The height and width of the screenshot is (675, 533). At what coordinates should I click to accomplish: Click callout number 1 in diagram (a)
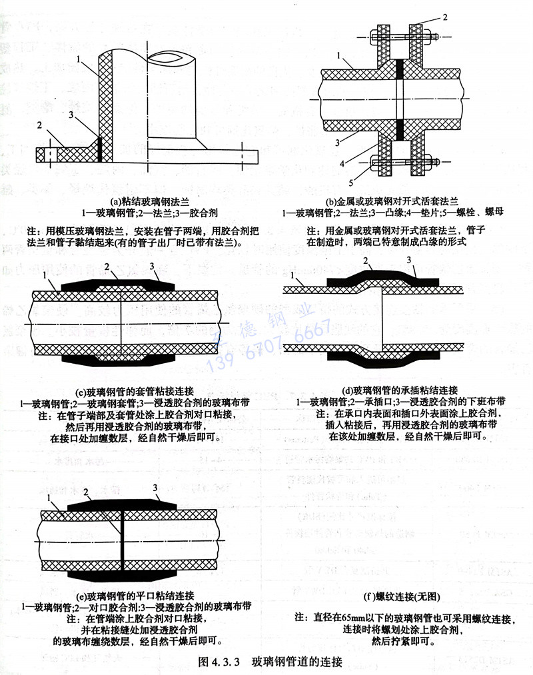(x=78, y=59)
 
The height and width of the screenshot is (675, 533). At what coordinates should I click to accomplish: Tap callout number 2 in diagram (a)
(x=40, y=125)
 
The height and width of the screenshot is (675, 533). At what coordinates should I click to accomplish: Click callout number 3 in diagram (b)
(x=338, y=142)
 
